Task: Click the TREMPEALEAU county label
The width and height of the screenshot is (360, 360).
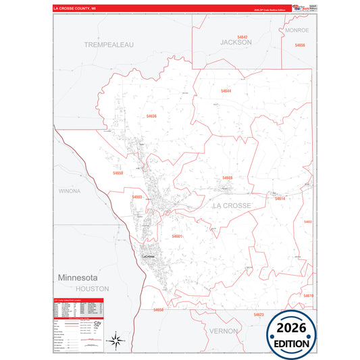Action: click(109, 44)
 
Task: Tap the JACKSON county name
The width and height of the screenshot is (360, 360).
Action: click(236, 42)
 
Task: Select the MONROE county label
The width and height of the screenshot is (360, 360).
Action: click(297, 30)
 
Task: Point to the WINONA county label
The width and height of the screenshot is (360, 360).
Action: click(70, 191)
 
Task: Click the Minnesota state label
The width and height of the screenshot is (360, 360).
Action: click(78, 278)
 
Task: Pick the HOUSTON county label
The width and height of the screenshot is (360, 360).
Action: click(96, 288)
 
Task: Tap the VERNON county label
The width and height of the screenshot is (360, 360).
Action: click(223, 331)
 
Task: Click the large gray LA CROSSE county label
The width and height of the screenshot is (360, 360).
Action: click(232, 205)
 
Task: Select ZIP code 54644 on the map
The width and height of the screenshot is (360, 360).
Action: click(226, 91)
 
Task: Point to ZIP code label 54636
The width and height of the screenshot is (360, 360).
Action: click(151, 116)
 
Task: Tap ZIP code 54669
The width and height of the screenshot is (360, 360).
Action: click(227, 178)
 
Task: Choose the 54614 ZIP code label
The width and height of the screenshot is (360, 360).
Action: click(280, 198)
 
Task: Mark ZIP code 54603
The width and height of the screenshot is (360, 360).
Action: click(137, 197)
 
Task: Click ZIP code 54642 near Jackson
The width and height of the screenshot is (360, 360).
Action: click(242, 36)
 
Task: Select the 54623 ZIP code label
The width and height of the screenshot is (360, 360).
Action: click(259, 315)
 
